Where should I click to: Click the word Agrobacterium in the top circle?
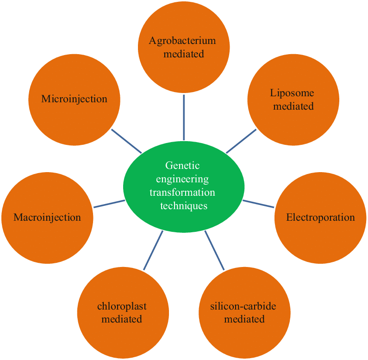pyautogui.click(x=182, y=41)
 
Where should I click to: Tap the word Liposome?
pyautogui.click(x=293, y=93)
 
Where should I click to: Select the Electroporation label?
pyautogui.click(x=320, y=217)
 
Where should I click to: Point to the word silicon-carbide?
pyautogui.click(x=243, y=306)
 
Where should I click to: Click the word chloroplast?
pyautogui.click(x=122, y=306)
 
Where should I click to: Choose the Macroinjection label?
pyautogui.click(x=47, y=217)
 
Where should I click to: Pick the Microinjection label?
pyautogui.click(x=74, y=99)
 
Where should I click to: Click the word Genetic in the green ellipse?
pyautogui.click(x=184, y=165)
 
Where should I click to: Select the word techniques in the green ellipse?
pyautogui.click(x=184, y=205)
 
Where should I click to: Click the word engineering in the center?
pyautogui.click(x=184, y=179)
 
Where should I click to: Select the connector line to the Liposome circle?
pyautogui.click(x=241, y=141)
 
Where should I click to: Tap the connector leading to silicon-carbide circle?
pyautogui.click(x=214, y=250)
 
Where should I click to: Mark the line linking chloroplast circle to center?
pyautogui.click(x=153, y=250)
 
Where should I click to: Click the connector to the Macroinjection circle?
pyautogui.click(x=109, y=204)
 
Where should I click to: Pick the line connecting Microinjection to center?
pyautogui.click(x=126, y=141)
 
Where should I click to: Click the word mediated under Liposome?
pyautogui.click(x=293, y=106)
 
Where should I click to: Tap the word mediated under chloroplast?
pyautogui.click(x=122, y=319)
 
